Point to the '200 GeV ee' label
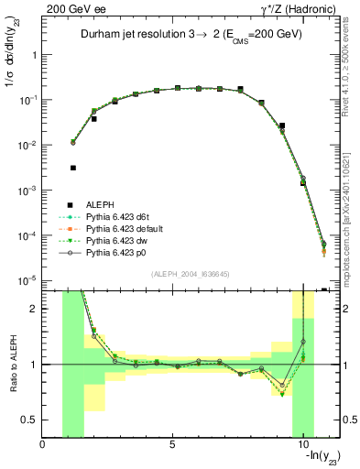(70, 7)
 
